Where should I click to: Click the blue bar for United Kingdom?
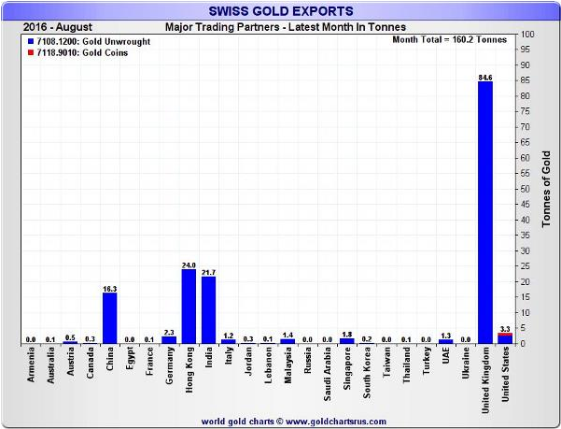coord(484,213)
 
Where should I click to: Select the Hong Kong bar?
coord(188,307)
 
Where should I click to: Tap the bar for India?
coord(208,310)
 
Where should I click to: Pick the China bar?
coord(109,319)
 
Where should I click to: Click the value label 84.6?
coord(484,77)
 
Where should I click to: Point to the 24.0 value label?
coord(188,264)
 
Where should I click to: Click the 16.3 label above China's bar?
coord(109,287)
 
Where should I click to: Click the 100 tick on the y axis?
coord(527,35)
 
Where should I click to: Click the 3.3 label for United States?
coord(505,328)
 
